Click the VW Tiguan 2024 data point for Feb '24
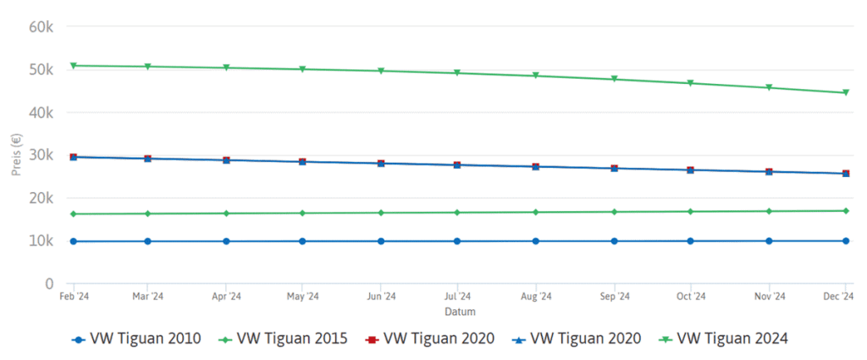[74, 65]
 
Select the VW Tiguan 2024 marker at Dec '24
[846, 93]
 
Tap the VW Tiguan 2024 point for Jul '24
[457, 73]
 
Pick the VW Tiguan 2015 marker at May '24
[302, 213]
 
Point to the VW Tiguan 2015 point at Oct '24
[691, 211]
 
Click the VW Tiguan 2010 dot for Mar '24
[147, 241]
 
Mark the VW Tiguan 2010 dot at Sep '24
[614, 241]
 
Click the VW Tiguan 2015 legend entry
[283, 339]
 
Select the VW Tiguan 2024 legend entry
[724, 339]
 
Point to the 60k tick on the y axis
[41, 27]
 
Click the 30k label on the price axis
[41, 155]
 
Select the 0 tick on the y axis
[50, 284]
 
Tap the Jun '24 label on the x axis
[380, 296]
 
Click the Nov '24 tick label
[769, 296]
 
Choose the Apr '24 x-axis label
[225, 296]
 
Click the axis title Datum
[458, 311]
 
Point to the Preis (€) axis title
[16, 155]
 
